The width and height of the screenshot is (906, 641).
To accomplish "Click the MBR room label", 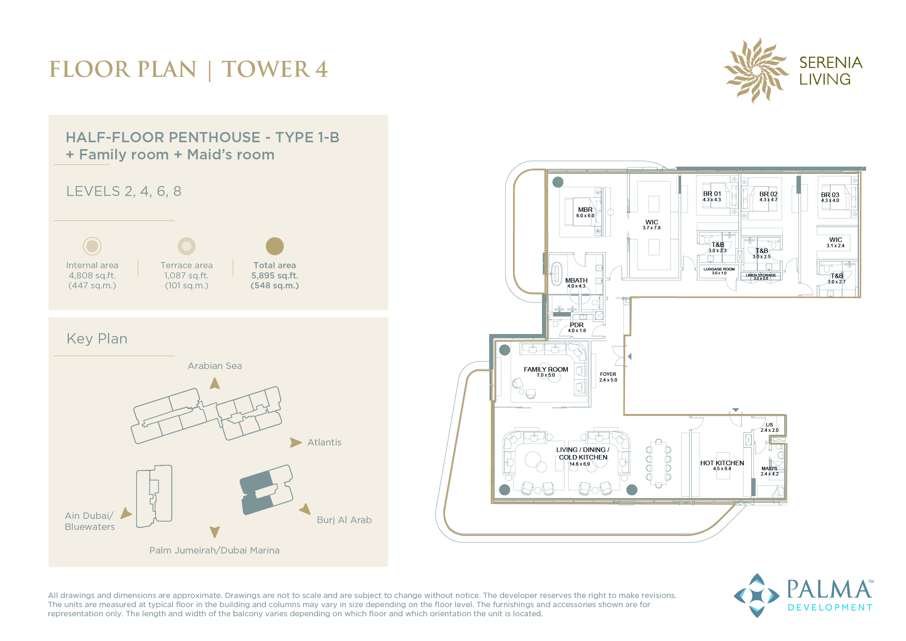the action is [585, 210].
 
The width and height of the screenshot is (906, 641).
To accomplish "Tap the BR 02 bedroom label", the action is [768, 194].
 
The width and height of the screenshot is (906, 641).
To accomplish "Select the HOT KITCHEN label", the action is [722, 463].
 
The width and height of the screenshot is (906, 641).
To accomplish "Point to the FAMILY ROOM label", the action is [546, 369].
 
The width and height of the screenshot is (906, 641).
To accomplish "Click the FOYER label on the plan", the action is [608, 374].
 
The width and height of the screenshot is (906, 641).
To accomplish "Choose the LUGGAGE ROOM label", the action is [719, 269].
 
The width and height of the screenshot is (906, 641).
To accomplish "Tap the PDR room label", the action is [577, 325].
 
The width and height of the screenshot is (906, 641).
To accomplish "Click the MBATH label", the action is [576, 280].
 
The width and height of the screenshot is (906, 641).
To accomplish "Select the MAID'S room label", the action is [769, 469].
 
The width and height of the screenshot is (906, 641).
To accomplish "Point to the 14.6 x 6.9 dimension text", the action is [579, 464].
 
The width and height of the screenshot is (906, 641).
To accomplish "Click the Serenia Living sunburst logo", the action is [756, 70].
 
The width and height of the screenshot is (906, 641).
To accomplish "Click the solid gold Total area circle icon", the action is [275, 246].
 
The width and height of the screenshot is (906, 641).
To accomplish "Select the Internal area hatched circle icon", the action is [92, 246].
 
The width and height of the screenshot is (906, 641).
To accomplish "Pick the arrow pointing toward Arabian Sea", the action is [215, 383].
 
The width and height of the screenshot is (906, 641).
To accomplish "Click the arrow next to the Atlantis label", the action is [296, 442].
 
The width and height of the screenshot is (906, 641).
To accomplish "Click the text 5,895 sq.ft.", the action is [275, 275].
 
